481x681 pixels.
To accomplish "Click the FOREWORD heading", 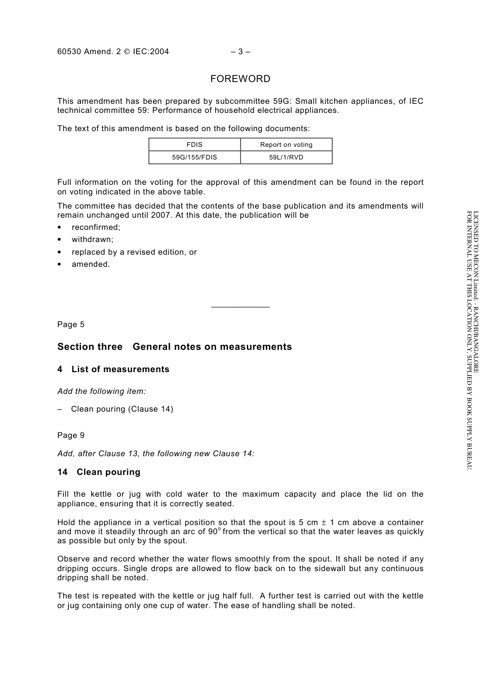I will pos(240,79).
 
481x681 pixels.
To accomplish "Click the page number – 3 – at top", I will pos(240,52).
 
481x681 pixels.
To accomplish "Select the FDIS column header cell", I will pos(194,145).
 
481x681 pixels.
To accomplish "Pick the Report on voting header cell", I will pos(286,145).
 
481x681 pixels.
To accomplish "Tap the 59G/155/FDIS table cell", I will pos(194,157).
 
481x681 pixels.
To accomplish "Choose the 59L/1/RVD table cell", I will pos(286,157).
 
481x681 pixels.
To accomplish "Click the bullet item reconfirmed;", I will pos(96,227).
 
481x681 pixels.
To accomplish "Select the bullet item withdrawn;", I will pos(92,239).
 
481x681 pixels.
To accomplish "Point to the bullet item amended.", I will pos(91,264).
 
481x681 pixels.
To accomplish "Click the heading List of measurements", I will pos(120,370).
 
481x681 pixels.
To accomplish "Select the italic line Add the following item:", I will pos(101,391).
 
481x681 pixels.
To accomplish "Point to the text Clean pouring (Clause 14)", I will pos(122,409).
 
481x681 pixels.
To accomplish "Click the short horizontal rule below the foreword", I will pos(240,307).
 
